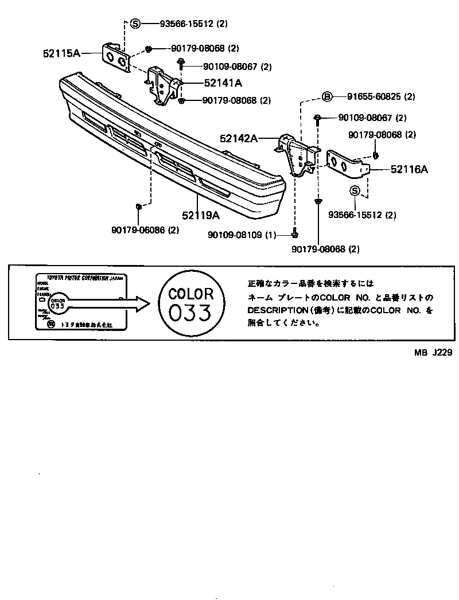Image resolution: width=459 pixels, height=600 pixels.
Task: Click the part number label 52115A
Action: coord(61,53)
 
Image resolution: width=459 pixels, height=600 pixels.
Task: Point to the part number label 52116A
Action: coord(410,169)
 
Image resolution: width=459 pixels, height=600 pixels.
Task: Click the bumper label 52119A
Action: coord(201,216)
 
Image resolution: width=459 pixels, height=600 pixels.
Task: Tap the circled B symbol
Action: coord(326,96)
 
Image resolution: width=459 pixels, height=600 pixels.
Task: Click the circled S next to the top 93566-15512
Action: coord(135,24)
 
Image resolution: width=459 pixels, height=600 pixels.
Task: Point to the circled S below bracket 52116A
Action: coord(355,191)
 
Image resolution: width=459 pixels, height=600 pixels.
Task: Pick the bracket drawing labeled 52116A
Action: coord(345,163)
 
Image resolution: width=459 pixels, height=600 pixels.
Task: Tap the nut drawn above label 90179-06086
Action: coord(138,206)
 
